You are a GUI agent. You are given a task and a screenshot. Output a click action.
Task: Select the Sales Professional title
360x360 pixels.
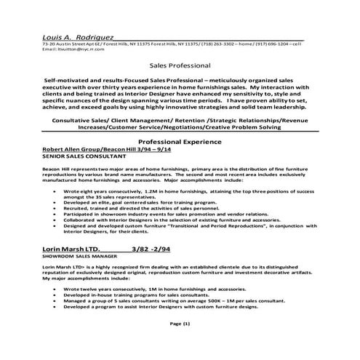pos(179,64)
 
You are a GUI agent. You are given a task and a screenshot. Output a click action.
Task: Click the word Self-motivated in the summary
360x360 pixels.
pos(70,77)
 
